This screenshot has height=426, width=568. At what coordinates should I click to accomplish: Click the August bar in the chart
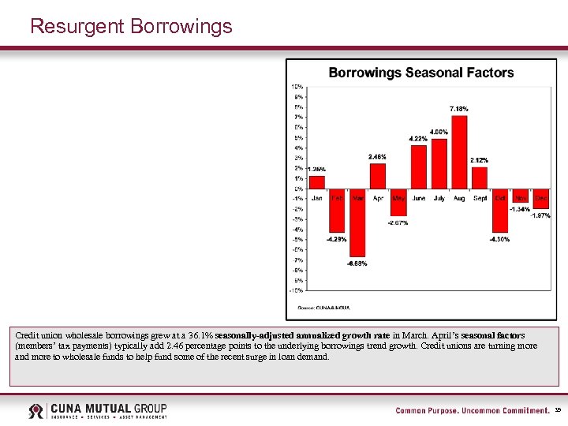459,152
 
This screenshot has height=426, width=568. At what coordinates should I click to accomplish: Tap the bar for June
418,167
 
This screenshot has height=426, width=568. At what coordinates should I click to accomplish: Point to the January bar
316,182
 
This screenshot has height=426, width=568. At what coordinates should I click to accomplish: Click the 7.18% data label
459,108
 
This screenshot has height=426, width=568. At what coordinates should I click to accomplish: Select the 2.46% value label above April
378,156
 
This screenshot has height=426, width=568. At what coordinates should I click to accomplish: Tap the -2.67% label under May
398,223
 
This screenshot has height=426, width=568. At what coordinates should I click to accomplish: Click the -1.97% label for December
540,215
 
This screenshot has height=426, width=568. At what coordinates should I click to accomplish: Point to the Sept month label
479,198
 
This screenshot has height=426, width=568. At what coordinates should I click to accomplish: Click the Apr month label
378,198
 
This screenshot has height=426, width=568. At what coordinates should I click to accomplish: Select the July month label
439,198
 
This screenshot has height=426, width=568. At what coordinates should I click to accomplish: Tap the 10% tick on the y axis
297,86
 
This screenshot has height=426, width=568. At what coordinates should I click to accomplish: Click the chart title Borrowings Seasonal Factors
420,73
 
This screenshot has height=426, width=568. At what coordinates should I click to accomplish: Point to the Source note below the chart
323,307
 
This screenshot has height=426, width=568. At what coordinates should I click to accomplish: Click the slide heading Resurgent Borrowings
131,26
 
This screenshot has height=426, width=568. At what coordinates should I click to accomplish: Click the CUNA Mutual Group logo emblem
36,410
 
